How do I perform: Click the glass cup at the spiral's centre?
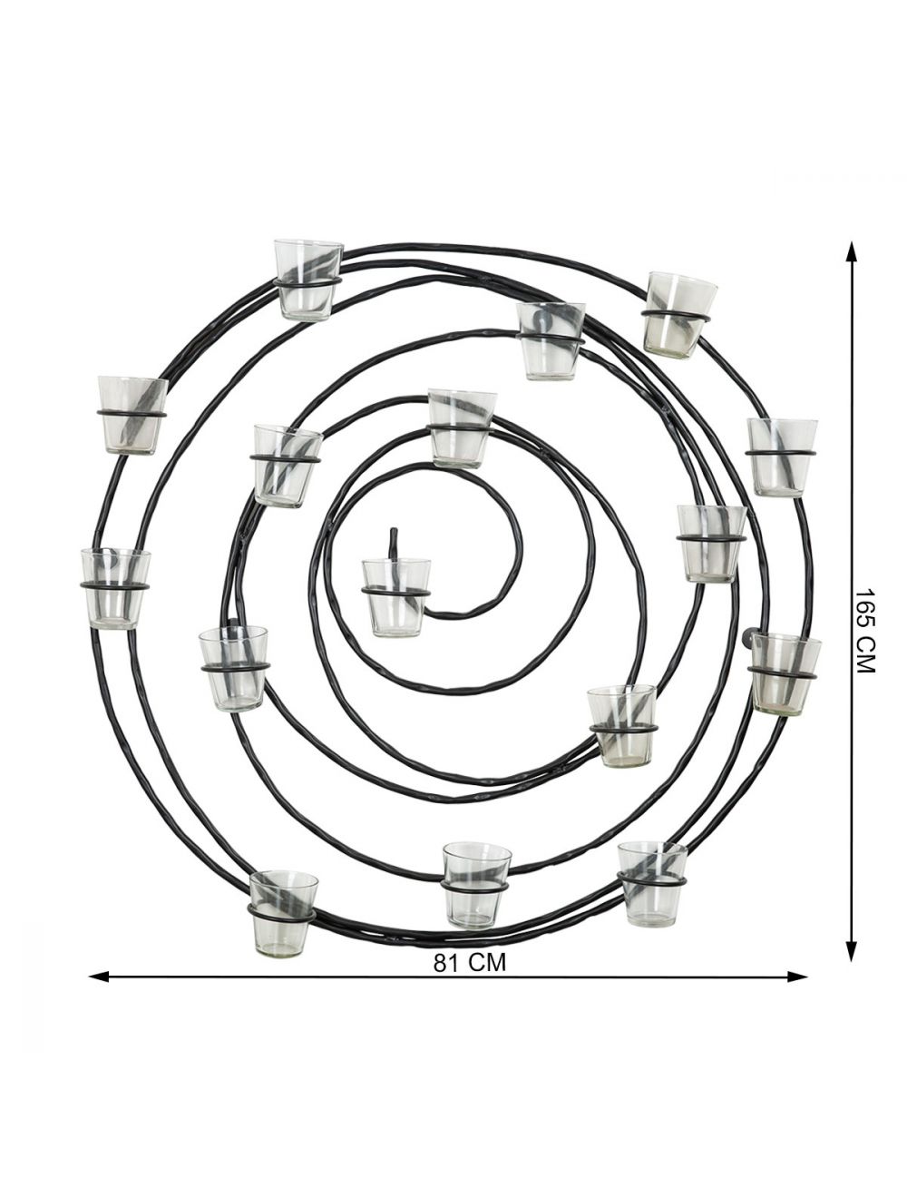point(395,596)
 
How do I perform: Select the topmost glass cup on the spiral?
point(308,280)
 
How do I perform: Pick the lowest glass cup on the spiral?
point(283,913)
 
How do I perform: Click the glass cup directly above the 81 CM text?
point(476,884)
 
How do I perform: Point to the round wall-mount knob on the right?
point(749,638)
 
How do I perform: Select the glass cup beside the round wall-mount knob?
point(785,673)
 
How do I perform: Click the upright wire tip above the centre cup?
point(394,541)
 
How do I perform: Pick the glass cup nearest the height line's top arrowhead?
point(680,313)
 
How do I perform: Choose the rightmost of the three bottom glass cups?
point(652,882)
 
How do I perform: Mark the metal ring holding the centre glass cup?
point(395,592)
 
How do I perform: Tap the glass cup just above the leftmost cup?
point(132,414)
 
